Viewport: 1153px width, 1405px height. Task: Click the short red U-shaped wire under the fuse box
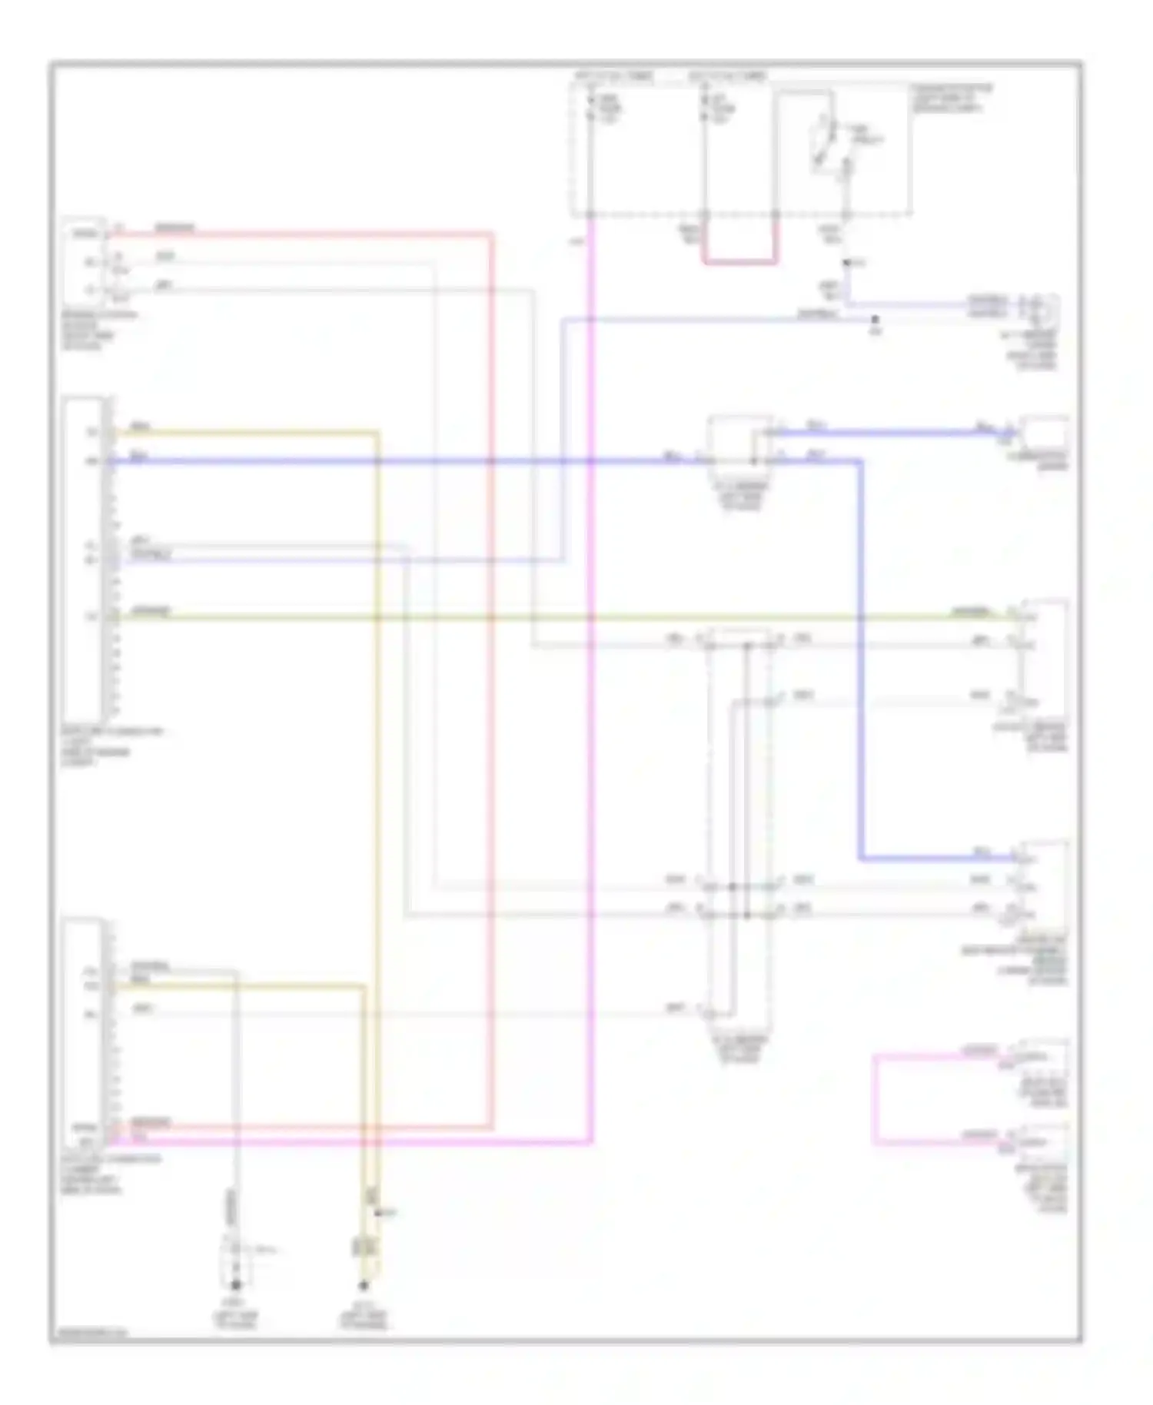click(x=739, y=262)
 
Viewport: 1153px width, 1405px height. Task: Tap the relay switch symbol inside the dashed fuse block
click(x=830, y=145)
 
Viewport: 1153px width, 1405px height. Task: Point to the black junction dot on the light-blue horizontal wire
click(x=875, y=318)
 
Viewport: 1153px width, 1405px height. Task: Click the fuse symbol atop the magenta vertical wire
click(x=591, y=108)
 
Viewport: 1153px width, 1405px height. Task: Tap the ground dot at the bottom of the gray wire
click(x=236, y=1284)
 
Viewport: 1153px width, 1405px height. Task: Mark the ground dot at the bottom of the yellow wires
click(x=364, y=1284)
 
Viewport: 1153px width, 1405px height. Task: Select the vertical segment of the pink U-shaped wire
click(x=875, y=1099)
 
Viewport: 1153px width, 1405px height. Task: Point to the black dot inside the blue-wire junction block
click(x=753, y=461)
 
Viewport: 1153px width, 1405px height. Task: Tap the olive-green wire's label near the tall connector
click(x=151, y=612)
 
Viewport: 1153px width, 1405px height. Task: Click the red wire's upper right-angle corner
click(x=490, y=234)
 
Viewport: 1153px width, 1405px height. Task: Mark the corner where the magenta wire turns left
click(x=590, y=1142)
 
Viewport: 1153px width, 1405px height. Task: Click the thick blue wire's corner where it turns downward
click(x=860, y=461)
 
